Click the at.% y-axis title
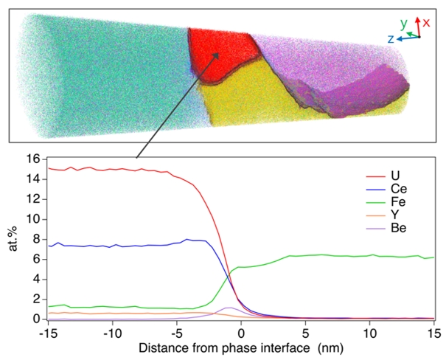tap(13, 240)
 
